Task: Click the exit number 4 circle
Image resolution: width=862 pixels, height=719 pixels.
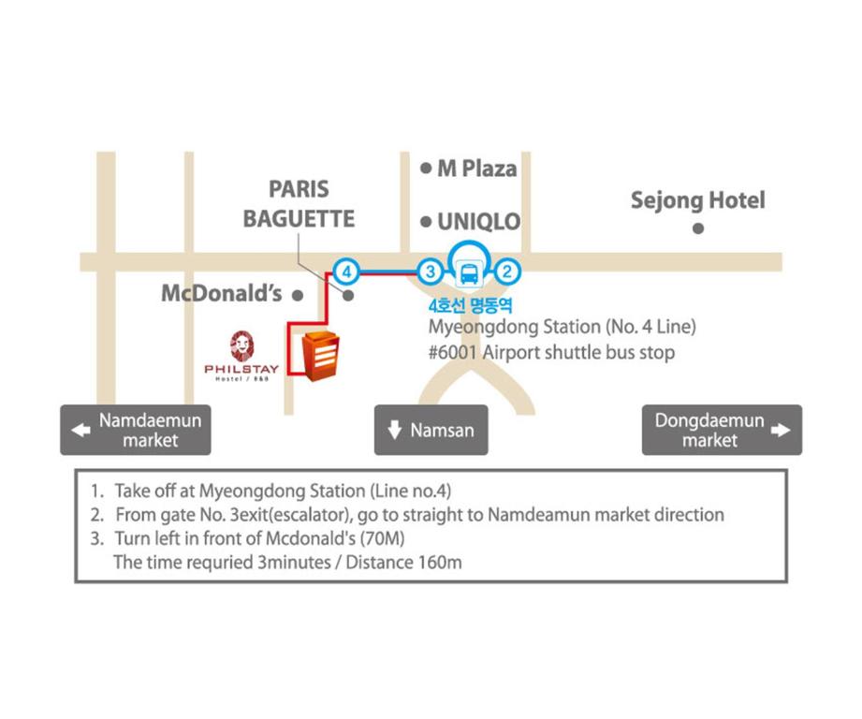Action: [x=346, y=271]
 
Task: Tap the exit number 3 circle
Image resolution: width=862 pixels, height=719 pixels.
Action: [x=431, y=271]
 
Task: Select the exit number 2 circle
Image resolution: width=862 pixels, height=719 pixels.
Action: [x=507, y=271]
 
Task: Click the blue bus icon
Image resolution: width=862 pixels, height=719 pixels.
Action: [x=469, y=273]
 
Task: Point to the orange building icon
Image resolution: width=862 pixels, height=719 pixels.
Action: [x=320, y=356]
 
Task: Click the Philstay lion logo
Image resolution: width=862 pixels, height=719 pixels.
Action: [x=241, y=345]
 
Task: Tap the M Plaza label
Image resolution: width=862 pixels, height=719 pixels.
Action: [x=477, y=169]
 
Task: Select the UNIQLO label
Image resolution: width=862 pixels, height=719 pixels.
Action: [x=478, y=222]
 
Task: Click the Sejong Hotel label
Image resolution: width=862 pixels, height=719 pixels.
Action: [x=697, y=200]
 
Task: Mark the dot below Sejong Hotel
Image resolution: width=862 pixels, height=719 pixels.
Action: [x=698, y=228]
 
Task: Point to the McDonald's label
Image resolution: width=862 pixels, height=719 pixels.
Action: [x=222, y=294]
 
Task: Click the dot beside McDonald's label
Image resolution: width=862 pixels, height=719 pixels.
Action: [x=298, y=296]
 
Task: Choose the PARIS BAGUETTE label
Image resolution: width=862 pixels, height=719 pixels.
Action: [x=300, y=204]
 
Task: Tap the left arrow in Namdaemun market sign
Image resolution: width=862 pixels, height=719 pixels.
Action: [x=80, y=430]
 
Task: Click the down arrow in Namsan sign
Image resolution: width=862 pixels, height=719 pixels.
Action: [x=395, y=430]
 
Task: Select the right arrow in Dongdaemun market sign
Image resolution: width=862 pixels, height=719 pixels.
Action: [x=781, y=430]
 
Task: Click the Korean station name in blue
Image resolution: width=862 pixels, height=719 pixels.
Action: [x=470, y=305]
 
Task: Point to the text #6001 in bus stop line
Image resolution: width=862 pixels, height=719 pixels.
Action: [x=452, y=352]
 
